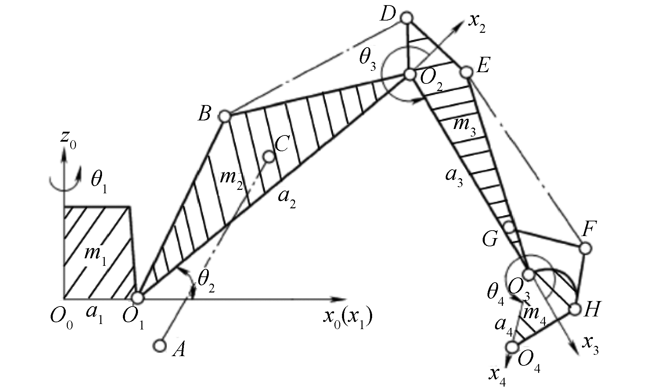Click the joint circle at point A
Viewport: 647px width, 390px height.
159,346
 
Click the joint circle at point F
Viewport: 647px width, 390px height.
585,248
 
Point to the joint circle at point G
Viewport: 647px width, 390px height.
509,226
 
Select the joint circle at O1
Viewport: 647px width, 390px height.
138,298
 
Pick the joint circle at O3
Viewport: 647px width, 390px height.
529,274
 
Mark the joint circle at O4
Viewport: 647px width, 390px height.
512,347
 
